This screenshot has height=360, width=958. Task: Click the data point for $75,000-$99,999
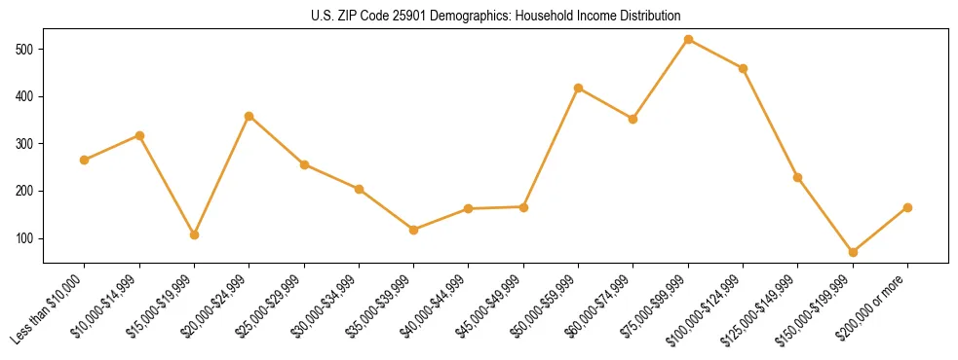pyautogui.click(x=688, y=40)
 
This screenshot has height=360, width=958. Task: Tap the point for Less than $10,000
pyautogui.click(x=85, y=160)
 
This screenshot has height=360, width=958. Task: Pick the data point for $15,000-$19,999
pyautogui.click(x=194, y=234)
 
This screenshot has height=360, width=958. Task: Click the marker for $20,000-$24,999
pyautogui.click(x=249, y=116)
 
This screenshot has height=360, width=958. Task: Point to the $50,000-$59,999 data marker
pyautogui.click(x=579, y=88)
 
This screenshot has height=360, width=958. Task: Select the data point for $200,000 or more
pyautogui.click(x=907, y=207)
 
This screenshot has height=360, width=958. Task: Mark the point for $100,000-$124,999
pyautogui.click(x=743, y=68)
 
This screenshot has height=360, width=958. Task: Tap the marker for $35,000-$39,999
pyautogui.click(x=414, y=230)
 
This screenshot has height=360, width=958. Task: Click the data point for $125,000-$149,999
pyautogui.click(x=798, y=177)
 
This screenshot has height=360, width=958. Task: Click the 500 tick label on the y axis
pyautogui.click(x=26, y=50)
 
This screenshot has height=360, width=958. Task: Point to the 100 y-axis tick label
pyautogui.click(x=26, y=238)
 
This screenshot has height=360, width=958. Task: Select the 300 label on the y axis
pyautogui.click(x=26, y=144)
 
